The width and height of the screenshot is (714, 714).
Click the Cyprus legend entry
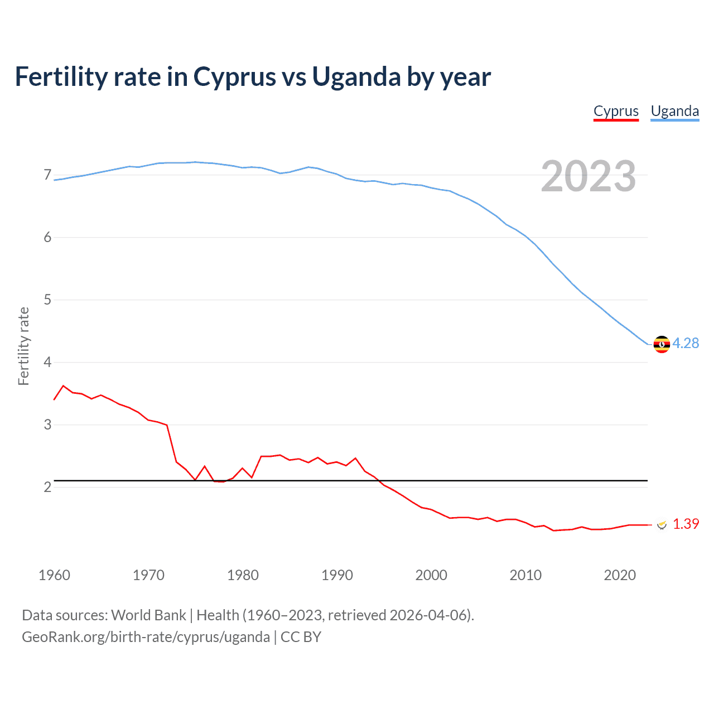tap(616, 111)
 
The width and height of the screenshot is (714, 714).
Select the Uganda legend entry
tap(674, 111)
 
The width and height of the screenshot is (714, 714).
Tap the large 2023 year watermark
tap(588, 176)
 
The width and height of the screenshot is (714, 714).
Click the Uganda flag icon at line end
tap(662, 344)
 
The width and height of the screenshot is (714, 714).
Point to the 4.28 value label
tap(686, 344)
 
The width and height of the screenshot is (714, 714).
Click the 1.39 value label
tap(686, 524)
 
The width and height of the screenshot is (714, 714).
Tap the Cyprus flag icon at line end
tap(662, 524)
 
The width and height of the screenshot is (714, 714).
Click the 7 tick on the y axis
tap(47, 175)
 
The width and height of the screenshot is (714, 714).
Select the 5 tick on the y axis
tap(47, 300)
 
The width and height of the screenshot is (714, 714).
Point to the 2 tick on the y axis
tap(47, 488)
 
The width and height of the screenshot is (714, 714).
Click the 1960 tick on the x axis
tap(54, 575)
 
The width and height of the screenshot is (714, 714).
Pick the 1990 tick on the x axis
tap(337, 575)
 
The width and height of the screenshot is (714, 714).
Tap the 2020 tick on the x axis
tap(620, 575)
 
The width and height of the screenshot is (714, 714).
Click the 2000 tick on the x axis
tap(431, 575)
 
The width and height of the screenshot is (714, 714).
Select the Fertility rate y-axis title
tap(23, 346)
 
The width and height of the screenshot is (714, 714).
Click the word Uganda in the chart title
tap(355, 77)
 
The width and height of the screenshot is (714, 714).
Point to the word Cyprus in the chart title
tap(234, 77)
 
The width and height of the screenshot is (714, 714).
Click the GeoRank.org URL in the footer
tap(146, 637)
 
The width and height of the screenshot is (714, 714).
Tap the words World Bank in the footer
tap(148, 615)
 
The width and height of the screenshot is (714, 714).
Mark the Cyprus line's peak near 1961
tap(63, 385)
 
